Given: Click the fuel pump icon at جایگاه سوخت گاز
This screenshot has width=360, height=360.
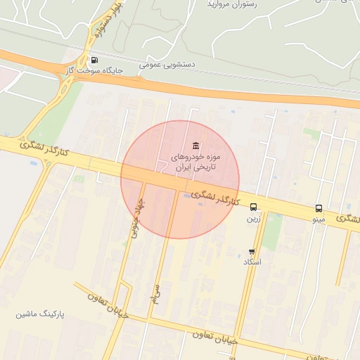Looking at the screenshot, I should coord(94,60).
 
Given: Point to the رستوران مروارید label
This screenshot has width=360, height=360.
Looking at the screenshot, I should coord(231,4).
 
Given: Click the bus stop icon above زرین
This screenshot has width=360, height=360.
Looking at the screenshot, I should coord(254,207).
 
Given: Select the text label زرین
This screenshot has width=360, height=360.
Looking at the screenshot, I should coord(253,219).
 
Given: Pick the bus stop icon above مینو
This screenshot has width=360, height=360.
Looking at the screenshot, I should coord(319,208).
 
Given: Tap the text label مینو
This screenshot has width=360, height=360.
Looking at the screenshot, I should coord(319,220).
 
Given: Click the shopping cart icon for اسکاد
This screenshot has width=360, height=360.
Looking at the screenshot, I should coord(252,251).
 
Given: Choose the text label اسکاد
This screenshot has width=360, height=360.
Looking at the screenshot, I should coord(252,262).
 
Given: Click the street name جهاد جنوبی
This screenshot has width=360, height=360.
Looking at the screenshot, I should coord(135,217).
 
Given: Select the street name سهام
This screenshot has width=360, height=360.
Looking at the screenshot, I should coord(156,295).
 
